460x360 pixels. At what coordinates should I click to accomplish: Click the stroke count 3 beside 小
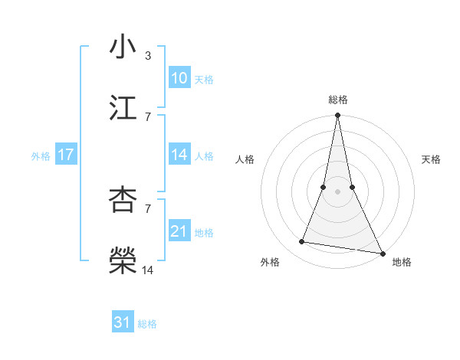coord(148,56)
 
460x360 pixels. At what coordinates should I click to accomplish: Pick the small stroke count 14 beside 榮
coord(148,270)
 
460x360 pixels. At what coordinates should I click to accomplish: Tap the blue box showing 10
coord(179,78)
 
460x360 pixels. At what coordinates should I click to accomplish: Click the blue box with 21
coord(179,231)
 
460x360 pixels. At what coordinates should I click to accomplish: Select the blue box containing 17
coord(65,155)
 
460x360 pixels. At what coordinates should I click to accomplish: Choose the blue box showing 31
coord(123,322)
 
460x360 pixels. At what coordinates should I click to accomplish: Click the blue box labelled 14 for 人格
coord(179,155)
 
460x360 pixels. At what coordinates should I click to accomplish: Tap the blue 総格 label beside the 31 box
coord(147,324)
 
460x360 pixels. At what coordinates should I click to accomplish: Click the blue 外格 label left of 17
coord(41,155)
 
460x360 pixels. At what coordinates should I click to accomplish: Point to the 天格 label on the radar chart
coord(431,159)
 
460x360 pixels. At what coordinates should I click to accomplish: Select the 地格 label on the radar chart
coord(402,262)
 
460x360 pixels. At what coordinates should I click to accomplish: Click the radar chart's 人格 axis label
coord(245,159)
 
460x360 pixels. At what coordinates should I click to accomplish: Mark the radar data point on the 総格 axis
coord(337,116)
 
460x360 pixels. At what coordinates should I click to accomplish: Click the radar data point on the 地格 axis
coord(382,253)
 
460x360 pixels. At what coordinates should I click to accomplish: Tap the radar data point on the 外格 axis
coord(302,242)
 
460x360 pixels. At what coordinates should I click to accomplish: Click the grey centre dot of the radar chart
coord(337,191)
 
